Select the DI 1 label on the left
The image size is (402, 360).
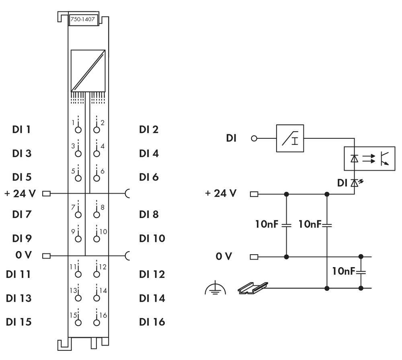22,130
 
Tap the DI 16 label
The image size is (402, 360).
152,322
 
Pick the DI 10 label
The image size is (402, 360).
152,238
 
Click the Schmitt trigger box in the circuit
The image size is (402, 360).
290,138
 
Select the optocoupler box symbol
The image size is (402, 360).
369,158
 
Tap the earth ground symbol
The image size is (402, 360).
215,288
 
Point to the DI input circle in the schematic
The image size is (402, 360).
254,138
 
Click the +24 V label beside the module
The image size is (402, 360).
20,193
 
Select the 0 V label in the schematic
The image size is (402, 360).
224,256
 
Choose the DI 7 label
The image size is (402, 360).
22,214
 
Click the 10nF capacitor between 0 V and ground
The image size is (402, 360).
361,272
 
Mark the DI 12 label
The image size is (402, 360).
152,274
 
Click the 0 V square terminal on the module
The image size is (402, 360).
46,255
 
